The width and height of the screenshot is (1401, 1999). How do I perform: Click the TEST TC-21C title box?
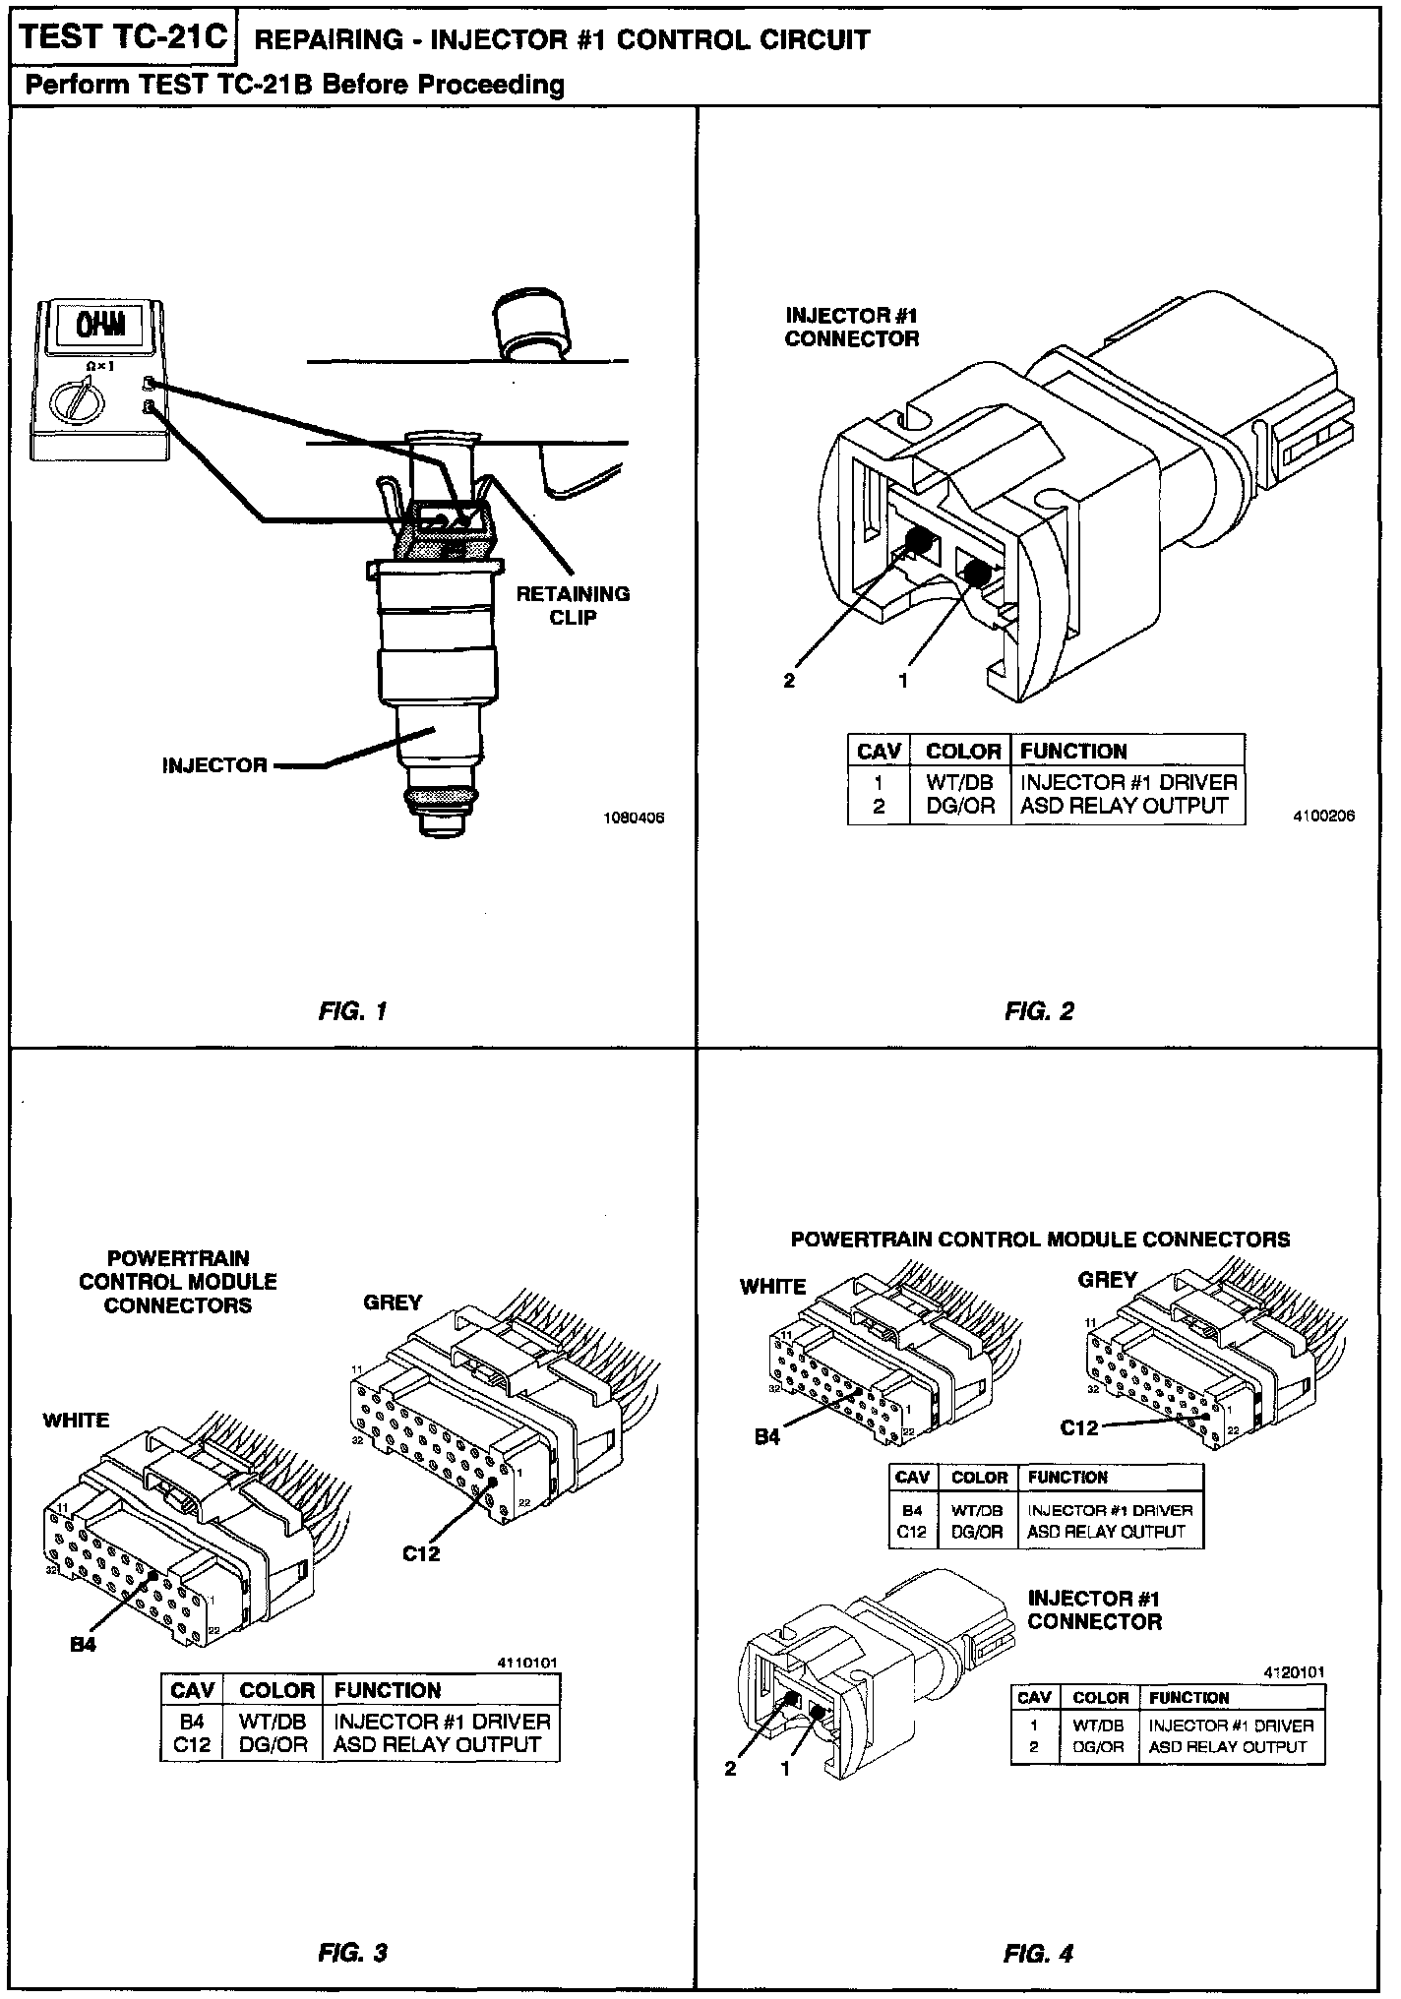123,38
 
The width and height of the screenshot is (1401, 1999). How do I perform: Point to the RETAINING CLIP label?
573,605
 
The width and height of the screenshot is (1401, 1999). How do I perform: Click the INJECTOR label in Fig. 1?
214,765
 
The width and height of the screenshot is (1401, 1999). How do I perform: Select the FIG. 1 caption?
353,1010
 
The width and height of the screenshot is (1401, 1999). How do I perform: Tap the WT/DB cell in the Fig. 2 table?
960,782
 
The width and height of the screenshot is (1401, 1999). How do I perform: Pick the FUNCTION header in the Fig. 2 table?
1073,752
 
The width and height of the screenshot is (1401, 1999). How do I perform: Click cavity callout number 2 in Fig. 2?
789,680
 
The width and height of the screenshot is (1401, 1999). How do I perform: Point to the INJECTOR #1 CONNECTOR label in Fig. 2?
852,327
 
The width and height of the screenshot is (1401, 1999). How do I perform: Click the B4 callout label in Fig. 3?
84,1643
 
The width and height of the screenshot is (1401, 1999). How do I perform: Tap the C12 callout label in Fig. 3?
421,1553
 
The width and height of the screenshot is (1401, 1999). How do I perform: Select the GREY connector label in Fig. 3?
393,1302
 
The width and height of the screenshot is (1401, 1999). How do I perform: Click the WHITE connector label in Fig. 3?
76,1421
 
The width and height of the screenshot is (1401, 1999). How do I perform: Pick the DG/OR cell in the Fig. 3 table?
274,1745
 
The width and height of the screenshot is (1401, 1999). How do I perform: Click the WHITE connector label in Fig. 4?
772,1287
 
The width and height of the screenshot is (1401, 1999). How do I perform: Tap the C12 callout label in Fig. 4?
1079,1427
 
